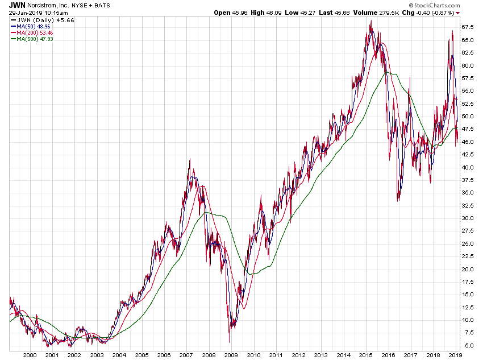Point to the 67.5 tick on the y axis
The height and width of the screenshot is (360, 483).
click(468, 27)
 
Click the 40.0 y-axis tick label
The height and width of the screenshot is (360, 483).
click(468, 167)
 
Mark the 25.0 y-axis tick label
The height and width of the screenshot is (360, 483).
click(468, 243)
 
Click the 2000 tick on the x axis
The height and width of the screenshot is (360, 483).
click(30, 354)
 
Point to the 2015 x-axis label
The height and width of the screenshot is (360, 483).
click(364, 354)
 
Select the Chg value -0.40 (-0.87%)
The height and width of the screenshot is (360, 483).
click(435, 12)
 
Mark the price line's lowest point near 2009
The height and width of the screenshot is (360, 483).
click(230, 342)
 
